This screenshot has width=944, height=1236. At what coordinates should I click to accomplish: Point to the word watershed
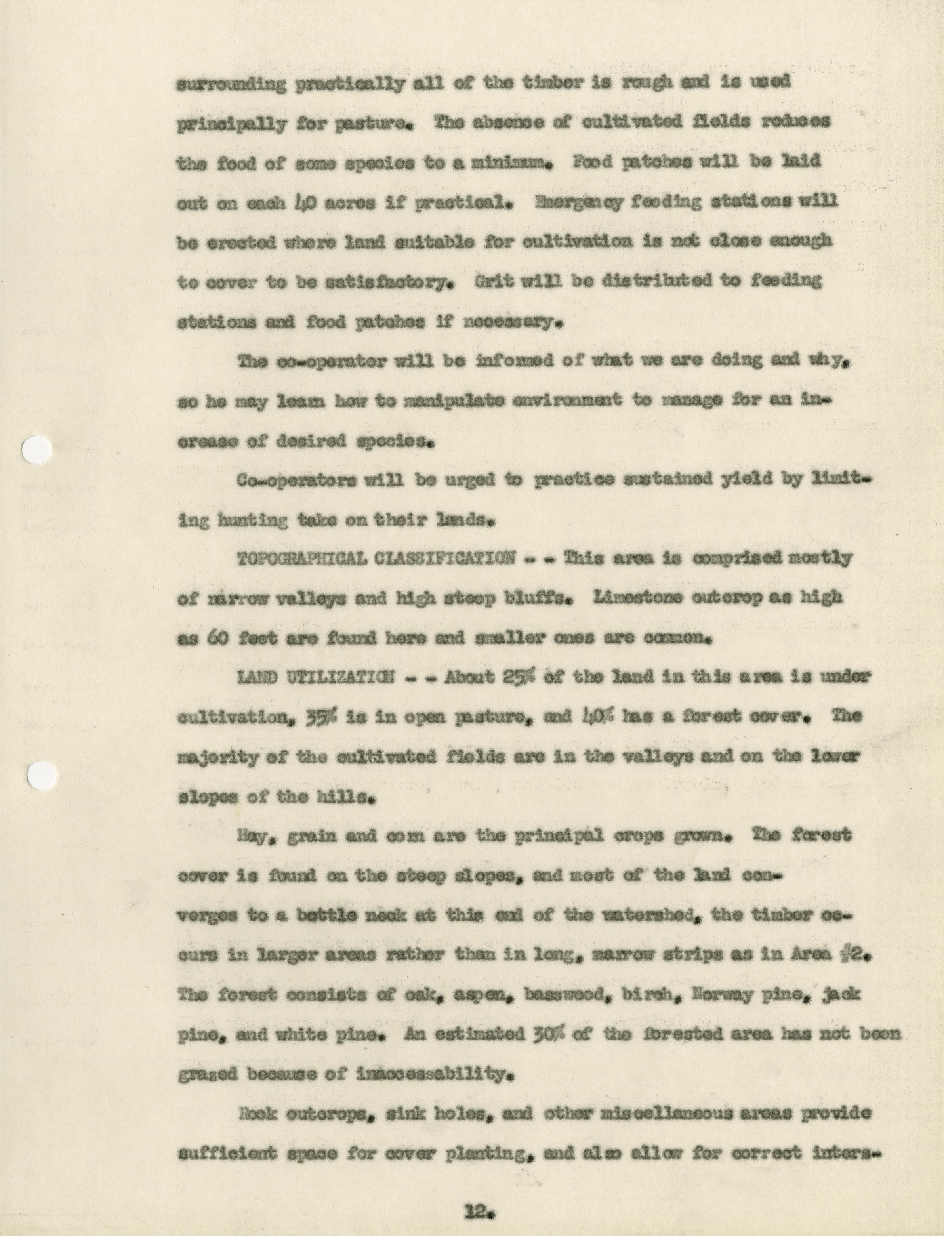pos(649,916)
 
